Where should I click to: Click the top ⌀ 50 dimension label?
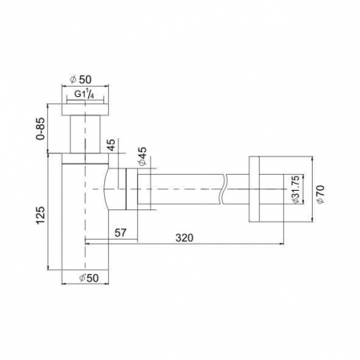pyautogui.click(x=80, y=79)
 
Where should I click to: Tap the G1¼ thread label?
pyautogui.click(x=84, y=95)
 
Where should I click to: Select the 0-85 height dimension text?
pyautogui.click(x=41, y=128)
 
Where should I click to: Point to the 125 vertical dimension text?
pyautogui.click(x=41, y=215)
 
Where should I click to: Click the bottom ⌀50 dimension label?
pyautogui.click(x=89, y=278)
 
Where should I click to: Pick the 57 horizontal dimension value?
pyautogui.click(x=120, y=233)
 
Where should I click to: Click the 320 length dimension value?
pyautogui.click(x=184, y=237)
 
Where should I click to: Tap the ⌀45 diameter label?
pyautogui.click(x=143, y=156)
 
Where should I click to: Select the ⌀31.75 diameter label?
pyautogui.click(x=296, y=189)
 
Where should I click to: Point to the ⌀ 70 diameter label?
pyautogui.click(x=321, y=194)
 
